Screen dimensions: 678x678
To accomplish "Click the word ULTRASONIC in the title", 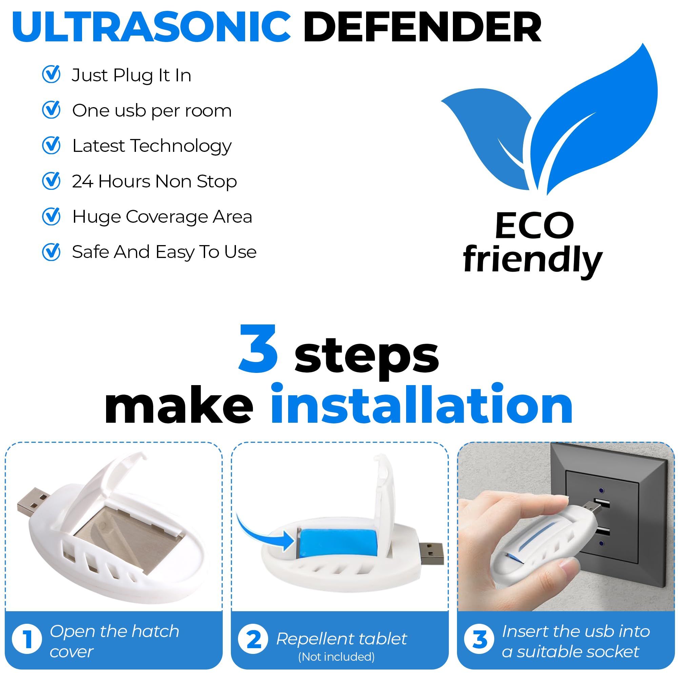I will [x=152, y=27].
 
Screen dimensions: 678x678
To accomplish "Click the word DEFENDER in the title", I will [x=422, y=27].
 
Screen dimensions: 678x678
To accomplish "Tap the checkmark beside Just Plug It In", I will [x=51, y=74].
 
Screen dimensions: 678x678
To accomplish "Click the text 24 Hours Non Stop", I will [x=154, y=181].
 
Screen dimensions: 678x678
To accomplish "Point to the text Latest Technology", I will [x=152, y=146].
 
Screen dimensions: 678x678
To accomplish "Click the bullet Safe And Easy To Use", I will [x=164, y=252].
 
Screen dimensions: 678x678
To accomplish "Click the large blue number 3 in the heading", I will [x=259, y=349].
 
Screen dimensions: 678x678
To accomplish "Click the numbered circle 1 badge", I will [x=27, y=639].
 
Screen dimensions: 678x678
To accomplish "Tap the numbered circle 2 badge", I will [x=253, y=639].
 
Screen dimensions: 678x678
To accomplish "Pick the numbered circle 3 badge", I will [x=479, y=639].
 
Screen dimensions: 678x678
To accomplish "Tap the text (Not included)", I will [x=336, y=657].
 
